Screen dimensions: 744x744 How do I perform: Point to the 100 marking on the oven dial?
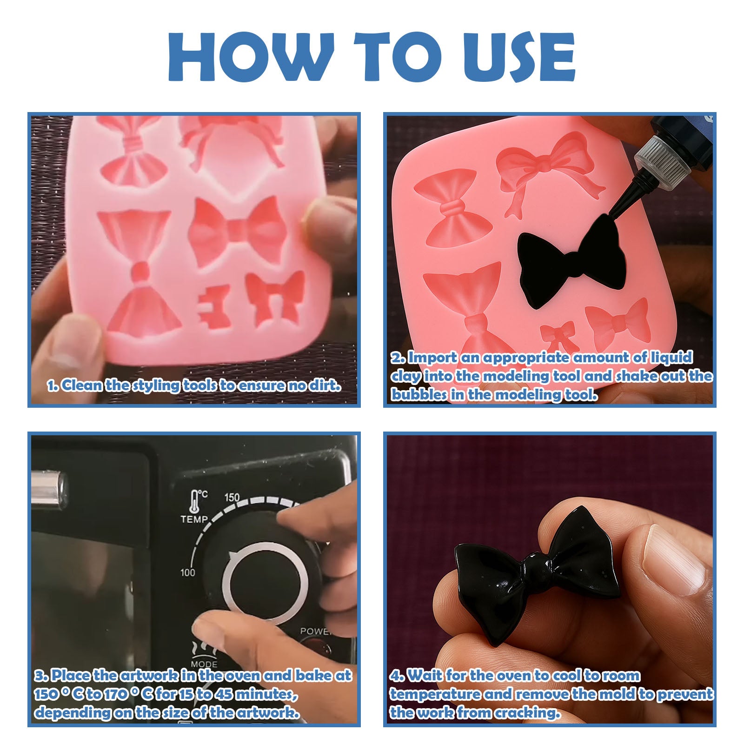[188, 572]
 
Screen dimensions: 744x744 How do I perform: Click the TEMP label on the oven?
[194, 518]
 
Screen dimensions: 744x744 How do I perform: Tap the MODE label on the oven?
[204, 664]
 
